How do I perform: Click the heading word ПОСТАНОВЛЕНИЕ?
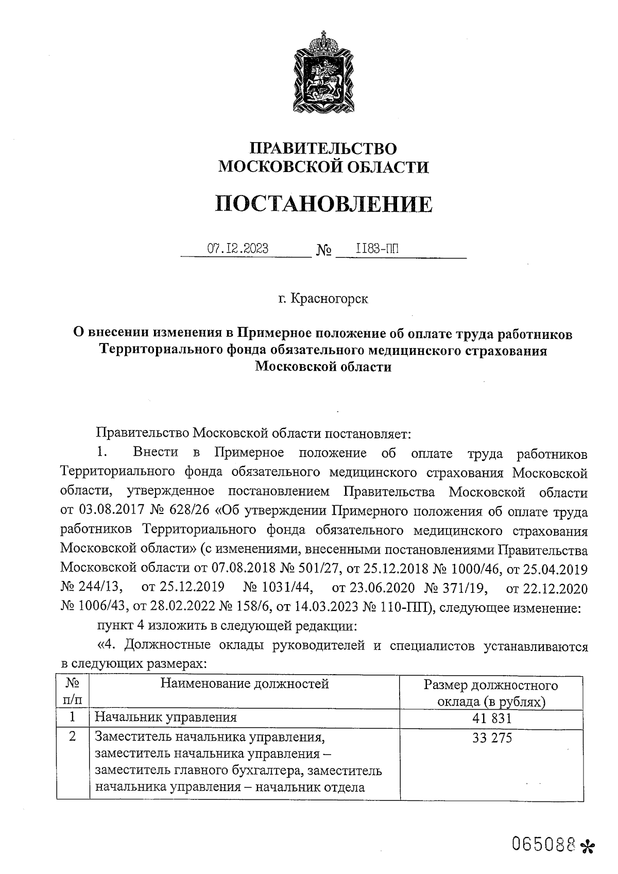tap(323, 204)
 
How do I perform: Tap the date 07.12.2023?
tap(237, 249)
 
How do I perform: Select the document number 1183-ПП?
tap(377, 249)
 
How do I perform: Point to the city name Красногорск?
tap(330, 298)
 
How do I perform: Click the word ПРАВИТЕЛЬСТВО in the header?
tap(323, 149)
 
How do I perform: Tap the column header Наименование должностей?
tap(245, 684)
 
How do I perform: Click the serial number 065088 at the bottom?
tap(543, 843)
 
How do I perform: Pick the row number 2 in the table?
tap(73, 737)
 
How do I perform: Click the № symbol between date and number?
tap(323, 251)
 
